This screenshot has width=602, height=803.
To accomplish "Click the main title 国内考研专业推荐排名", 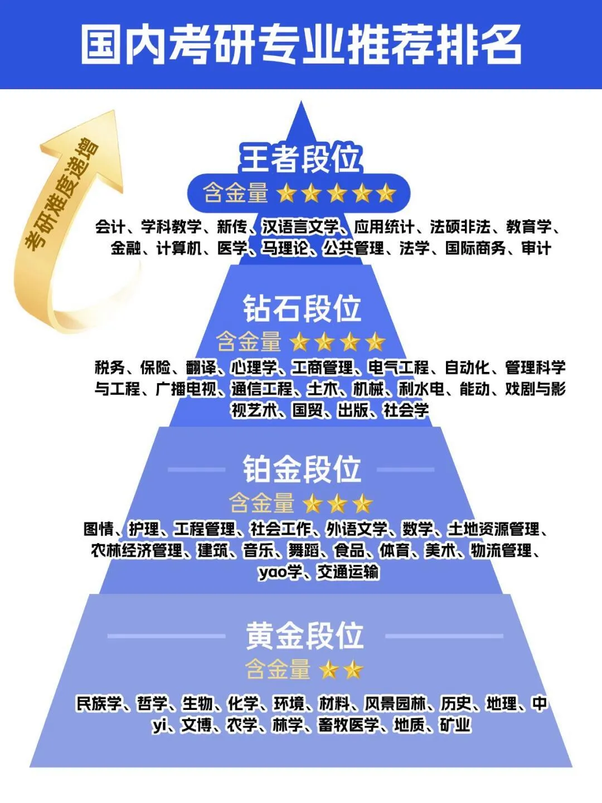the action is [301, 45].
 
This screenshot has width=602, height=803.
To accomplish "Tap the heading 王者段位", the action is [301, 159].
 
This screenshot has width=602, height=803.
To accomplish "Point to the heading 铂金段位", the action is [302, 469].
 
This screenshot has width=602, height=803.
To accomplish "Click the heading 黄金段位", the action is [304, 636].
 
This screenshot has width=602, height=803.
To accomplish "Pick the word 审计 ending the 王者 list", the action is [536, 248].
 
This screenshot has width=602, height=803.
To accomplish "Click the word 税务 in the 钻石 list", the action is [110, 367].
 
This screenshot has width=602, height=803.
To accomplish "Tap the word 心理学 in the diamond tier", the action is [254, 367].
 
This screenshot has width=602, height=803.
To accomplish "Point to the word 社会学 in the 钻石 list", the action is [406, 410].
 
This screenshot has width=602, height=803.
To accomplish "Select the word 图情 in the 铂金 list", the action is [99, 529].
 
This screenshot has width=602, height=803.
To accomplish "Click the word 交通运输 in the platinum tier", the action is [348, 572].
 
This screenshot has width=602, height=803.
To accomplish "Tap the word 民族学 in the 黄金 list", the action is [99, 704].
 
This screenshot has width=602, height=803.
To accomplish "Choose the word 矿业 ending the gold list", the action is [455, 725].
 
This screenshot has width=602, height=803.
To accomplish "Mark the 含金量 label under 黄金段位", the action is [278, 669].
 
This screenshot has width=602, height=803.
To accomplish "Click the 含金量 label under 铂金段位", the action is [261, 503].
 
